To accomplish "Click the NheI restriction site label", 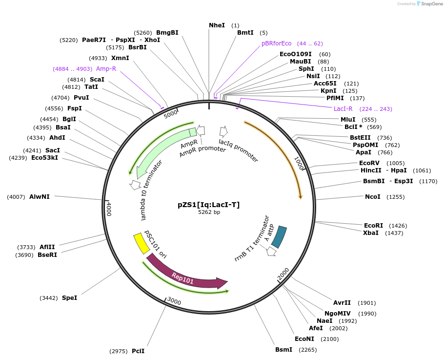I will pos(217,25).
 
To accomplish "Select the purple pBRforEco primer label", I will pos(276,43).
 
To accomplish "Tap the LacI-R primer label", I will pos(343,108).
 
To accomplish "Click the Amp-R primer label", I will pos(106,69).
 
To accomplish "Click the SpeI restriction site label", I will pos(69,297).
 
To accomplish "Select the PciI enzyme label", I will pos(138,351).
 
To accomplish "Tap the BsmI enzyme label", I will pos(283,349).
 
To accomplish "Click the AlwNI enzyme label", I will pos(40,197).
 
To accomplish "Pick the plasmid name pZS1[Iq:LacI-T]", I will pos(208,205).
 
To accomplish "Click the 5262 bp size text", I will pos(209,212).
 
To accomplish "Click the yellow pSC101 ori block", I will pos(142,243).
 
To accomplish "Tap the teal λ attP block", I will pos(279,236).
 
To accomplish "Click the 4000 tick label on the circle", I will pos(109,209).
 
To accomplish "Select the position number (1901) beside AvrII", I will pos(367,303).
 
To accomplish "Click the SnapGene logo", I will pos(429,4).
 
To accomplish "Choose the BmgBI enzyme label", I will pos(167,33).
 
